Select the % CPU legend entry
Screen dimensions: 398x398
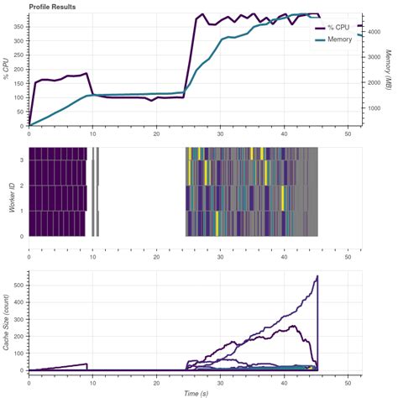point(337,28)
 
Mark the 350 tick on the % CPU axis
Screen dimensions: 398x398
point(19,25)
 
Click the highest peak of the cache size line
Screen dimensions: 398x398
point(317,276)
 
